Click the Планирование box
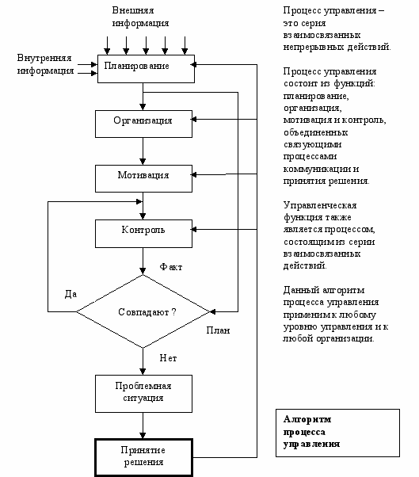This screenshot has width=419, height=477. click(146, 69)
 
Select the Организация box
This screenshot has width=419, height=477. click(143, 124)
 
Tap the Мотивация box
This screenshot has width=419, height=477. click(143, 178)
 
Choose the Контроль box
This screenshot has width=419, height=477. click(143, 233)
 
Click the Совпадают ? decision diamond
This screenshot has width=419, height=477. click(143, 311)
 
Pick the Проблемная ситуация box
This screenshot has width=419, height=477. click(143, 394)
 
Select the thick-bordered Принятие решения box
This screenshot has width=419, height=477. click(143, 457)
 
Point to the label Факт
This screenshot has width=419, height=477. click(171, 267)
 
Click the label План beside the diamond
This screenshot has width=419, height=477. click(218, 330)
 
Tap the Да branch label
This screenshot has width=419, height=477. click(70, 294)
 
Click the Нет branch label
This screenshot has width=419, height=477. click(168, 358)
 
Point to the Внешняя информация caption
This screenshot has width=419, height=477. click(140, 17)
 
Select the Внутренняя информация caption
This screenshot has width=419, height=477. click(45, 64)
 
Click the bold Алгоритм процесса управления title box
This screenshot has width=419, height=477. click(337, 433)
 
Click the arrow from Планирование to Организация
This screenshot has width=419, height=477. click(143, 97)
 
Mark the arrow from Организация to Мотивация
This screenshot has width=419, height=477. click(143, 151)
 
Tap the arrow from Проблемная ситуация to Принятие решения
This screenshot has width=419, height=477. click(143, 425)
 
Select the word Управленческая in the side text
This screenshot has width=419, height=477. click(320, 206)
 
